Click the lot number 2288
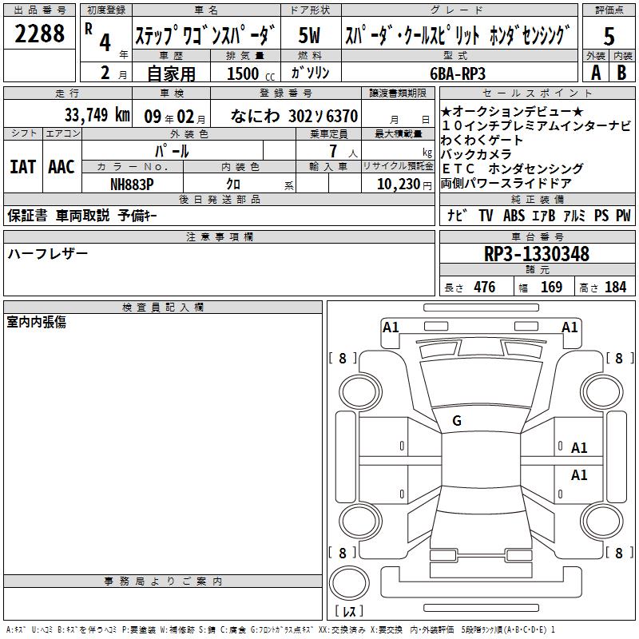click(x=39, y=34)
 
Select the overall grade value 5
click(x=609, y=36)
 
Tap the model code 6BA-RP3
click(x=458, y=73)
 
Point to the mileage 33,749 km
click(x=97, y=115)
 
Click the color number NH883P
click(x=132, y=185)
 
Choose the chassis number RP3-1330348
click(x=536, y=254)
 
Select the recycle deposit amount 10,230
click(x=399, y=185)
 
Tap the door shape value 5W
click(x=309, y=35)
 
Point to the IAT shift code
click(x=23, y=167)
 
